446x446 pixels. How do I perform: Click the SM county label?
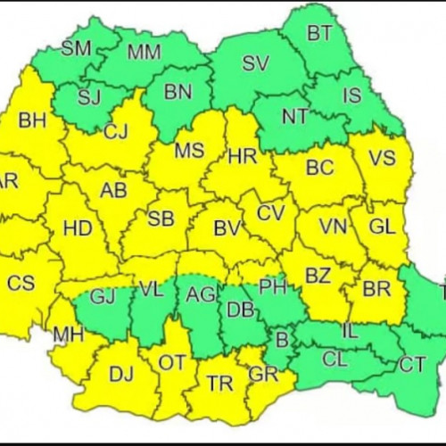(x=77, y=48)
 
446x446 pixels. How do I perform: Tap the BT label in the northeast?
(x=318, y=35)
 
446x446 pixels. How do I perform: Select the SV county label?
(x=255, y=63)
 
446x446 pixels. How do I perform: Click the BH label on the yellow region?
(x=32, y=120)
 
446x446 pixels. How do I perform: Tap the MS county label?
(x=189, y=151)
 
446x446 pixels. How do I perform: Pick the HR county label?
(x=242, y=157)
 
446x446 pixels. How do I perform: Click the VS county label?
(x=382, y=158)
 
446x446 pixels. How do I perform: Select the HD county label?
(x=78, y=228)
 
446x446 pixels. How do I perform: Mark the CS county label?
(x=21, y=283)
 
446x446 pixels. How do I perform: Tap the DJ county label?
(x=120, y=376)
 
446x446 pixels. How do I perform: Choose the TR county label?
(x=219, y=384)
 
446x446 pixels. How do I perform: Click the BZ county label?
(x=318, y=276)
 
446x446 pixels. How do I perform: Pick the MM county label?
(x=144, y=52)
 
